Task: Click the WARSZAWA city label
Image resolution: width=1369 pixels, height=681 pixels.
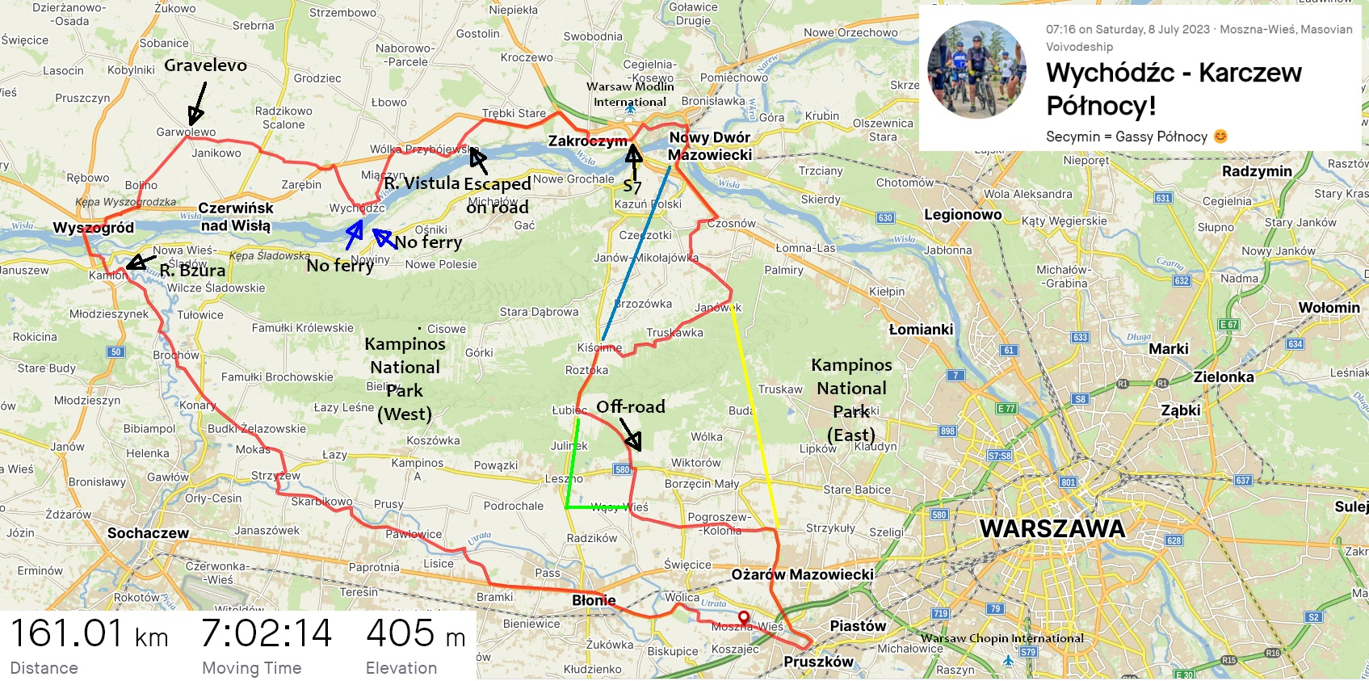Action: point(1052,529)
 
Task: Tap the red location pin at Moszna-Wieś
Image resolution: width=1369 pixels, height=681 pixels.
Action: point(743,618)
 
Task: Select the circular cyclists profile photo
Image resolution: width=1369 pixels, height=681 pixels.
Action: point(976,70)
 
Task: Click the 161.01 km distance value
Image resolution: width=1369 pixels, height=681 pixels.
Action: point(89,633)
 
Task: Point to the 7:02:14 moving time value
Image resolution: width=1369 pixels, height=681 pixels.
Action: point(266,633)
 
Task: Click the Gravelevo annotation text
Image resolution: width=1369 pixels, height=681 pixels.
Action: point(205,65)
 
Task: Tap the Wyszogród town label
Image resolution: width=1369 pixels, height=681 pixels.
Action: point(93,228)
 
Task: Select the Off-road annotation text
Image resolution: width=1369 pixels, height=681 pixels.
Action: point(630,406)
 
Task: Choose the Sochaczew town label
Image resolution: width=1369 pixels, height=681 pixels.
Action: point(148,533)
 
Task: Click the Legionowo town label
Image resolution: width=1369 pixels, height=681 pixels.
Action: point(963,215)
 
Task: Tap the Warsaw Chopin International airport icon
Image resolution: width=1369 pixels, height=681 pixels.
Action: point(1008,660)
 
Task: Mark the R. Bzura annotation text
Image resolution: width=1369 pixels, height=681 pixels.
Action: point(192,271)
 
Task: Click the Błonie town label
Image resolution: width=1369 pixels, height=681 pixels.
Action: point(594,600)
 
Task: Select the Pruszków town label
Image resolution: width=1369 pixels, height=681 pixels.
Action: point(818,662)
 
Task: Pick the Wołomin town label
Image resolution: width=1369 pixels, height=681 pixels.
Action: point(1329,308)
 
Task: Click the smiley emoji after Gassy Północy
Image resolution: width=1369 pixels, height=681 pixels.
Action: point(1220,137)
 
